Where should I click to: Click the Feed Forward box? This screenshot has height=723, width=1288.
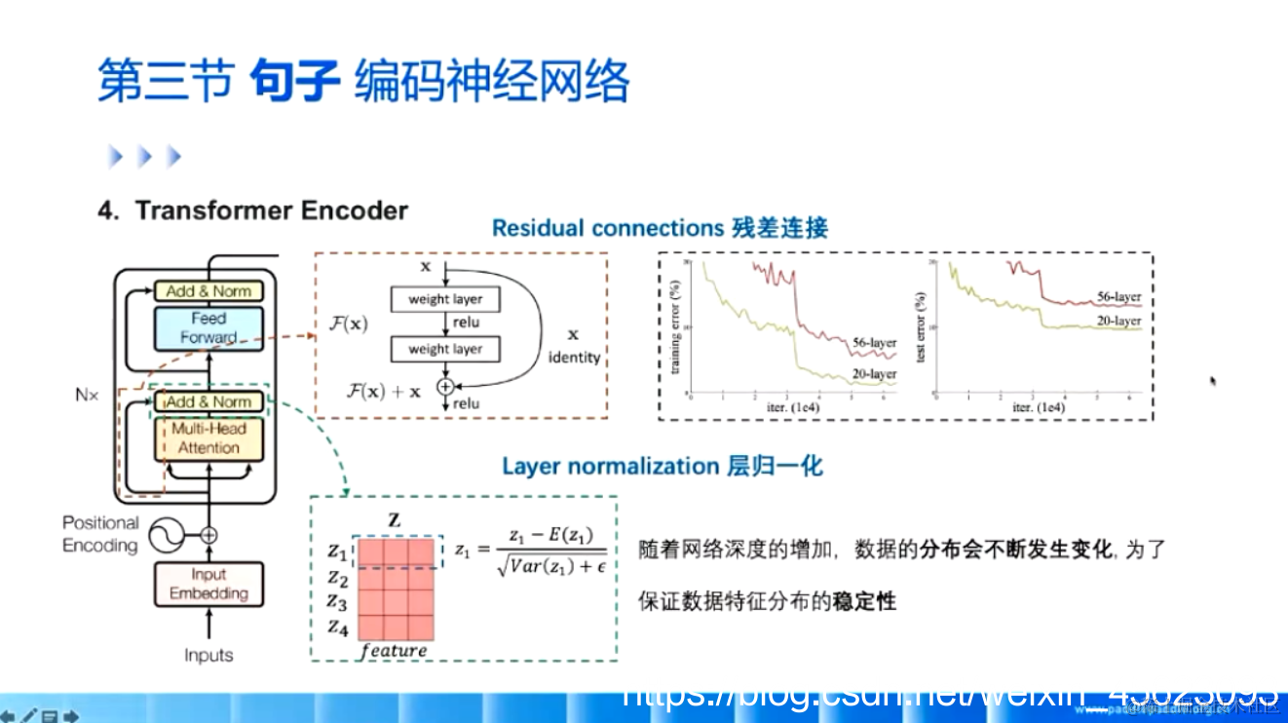(x=208, y=328)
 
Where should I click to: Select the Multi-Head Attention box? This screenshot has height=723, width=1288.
(x=208, y=438)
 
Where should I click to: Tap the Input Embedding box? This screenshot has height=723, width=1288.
(x=208, y=585)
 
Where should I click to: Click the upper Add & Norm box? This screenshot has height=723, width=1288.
(x=208, y=291)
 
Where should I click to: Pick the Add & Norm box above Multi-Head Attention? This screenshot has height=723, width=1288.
(x=208, y=401)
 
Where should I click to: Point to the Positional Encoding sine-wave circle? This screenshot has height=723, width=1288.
(x=165, y=534)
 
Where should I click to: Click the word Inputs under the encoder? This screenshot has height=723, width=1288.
(x=208, y=656)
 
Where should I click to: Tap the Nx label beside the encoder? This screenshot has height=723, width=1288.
(x=88, y=396)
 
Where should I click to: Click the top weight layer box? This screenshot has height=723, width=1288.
(x=444, y=299)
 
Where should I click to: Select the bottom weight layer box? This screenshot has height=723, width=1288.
(x=444, y=349)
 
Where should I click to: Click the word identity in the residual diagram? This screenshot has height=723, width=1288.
(x=574, y=358)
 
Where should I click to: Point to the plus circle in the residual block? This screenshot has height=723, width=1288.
(x=445, y=387)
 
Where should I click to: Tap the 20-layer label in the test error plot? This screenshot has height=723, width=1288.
(x=1118, y=322)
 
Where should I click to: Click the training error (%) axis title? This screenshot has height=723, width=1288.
(x=674, y=327)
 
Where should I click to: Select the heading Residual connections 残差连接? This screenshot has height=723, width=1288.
(x=660, y=229)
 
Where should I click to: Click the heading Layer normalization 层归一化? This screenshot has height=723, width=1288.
(x=662, y=466)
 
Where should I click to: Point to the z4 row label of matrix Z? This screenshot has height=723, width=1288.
(x=337, y=626)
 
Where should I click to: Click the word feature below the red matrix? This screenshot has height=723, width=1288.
(x=394, y=650)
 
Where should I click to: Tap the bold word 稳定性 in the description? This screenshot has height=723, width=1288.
(x=863, y=601)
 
